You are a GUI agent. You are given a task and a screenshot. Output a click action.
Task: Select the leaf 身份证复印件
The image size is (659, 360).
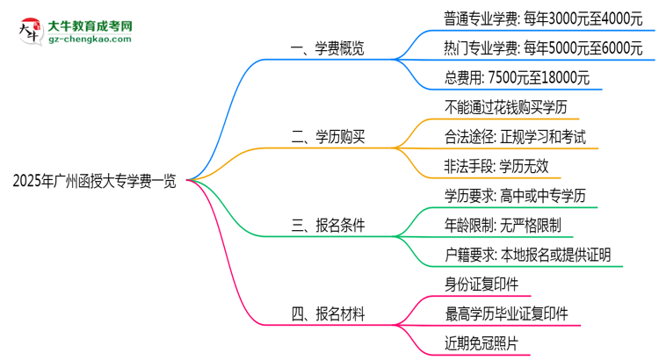click(x=482, y=283)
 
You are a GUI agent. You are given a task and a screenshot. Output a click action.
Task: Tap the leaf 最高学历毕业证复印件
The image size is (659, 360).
click(x=507, y=312)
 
